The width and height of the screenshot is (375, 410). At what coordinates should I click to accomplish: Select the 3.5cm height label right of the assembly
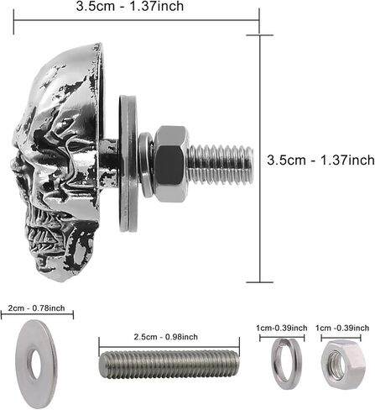tap(320, 160)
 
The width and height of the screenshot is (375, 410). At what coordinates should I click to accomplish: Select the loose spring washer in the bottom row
tap(282, 364)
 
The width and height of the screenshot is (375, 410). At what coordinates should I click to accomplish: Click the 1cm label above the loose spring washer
tap(282, 328)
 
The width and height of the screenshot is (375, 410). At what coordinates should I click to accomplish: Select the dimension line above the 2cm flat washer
tap(37, 315)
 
